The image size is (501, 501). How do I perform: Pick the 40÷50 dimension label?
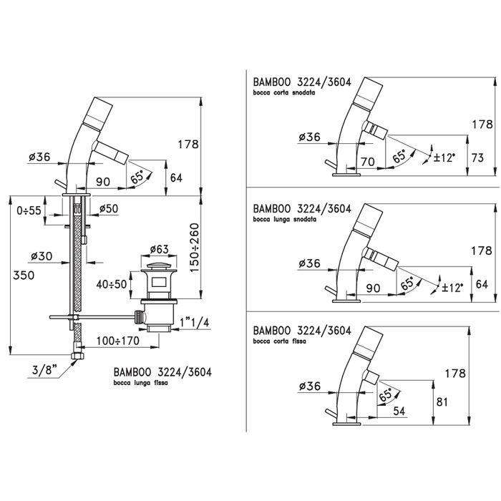(112, 283)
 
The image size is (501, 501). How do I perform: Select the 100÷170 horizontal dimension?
(117, 341)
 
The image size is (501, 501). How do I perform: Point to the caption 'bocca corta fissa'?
(280, 342)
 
